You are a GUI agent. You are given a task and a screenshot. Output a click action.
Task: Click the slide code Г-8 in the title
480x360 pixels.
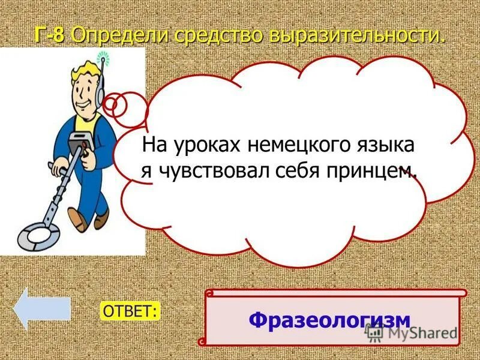pyautogui.click(x=50, y=35)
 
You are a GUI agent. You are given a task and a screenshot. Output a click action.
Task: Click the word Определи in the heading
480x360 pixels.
pyautogui.click(x=121, y=35)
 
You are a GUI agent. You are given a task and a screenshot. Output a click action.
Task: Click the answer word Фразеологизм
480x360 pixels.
pyautogui.click(x=329, y=319)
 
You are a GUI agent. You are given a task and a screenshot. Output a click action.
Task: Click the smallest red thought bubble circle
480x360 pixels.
pyautogui.click(x=110, y=103)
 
